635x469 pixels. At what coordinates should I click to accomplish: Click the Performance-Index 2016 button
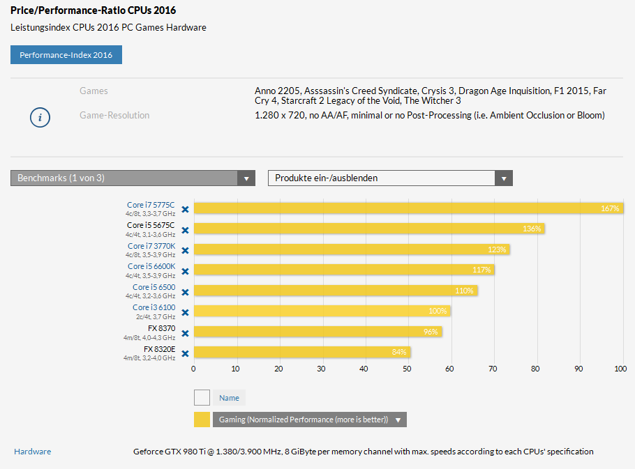[x=66, y=55]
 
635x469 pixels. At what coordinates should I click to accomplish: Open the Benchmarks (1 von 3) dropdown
[x=133, y=178]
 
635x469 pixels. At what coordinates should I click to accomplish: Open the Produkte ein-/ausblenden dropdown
[x=390, y=178]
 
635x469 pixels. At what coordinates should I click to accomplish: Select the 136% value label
[x=532, y=229]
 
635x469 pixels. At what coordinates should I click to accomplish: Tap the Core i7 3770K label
[x=151, y=246]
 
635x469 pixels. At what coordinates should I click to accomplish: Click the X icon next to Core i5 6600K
[x=185, y=271]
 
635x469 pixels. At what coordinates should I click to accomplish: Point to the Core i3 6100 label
[x=154, y=307]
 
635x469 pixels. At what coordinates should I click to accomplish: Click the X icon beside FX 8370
[x=185, y=333]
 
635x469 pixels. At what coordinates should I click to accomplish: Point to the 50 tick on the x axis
[x=407, y=369]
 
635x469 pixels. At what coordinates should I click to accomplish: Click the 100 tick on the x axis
[x=620, y=369]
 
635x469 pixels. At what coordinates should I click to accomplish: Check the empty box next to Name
[x=202, y=398]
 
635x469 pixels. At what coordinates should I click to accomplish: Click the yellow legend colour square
[x=202, y=420]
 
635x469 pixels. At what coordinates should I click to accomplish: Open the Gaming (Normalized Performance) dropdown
[x=310, y=420]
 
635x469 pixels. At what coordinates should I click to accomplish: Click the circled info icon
[x=40, y=117]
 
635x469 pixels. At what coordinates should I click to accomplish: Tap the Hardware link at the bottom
[x=32, y=452]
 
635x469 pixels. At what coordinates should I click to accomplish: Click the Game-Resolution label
[x=114, y=115]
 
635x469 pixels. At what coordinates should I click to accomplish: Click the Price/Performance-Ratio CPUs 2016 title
[x=93, y=10]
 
